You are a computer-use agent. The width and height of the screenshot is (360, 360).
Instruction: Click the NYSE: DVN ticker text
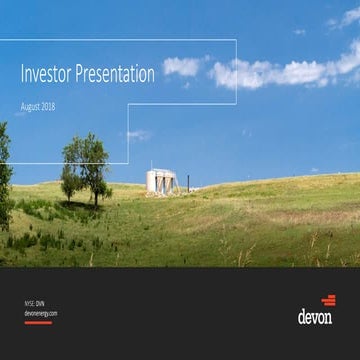tap(36, 301)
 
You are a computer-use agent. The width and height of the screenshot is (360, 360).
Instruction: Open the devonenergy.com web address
tap(41, 312)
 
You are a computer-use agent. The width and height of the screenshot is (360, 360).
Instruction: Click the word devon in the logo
tap(315, 317)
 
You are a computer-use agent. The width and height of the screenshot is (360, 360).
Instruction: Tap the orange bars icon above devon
tap(327, 300)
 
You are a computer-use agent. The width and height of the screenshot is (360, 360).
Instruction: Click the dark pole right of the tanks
tap(187, 184)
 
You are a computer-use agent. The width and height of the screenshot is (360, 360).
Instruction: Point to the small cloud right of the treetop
tap(139, 135)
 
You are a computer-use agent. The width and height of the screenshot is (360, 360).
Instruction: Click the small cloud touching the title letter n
tap(181, 66)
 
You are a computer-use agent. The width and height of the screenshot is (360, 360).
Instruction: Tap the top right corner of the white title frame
tap(236, 40)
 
